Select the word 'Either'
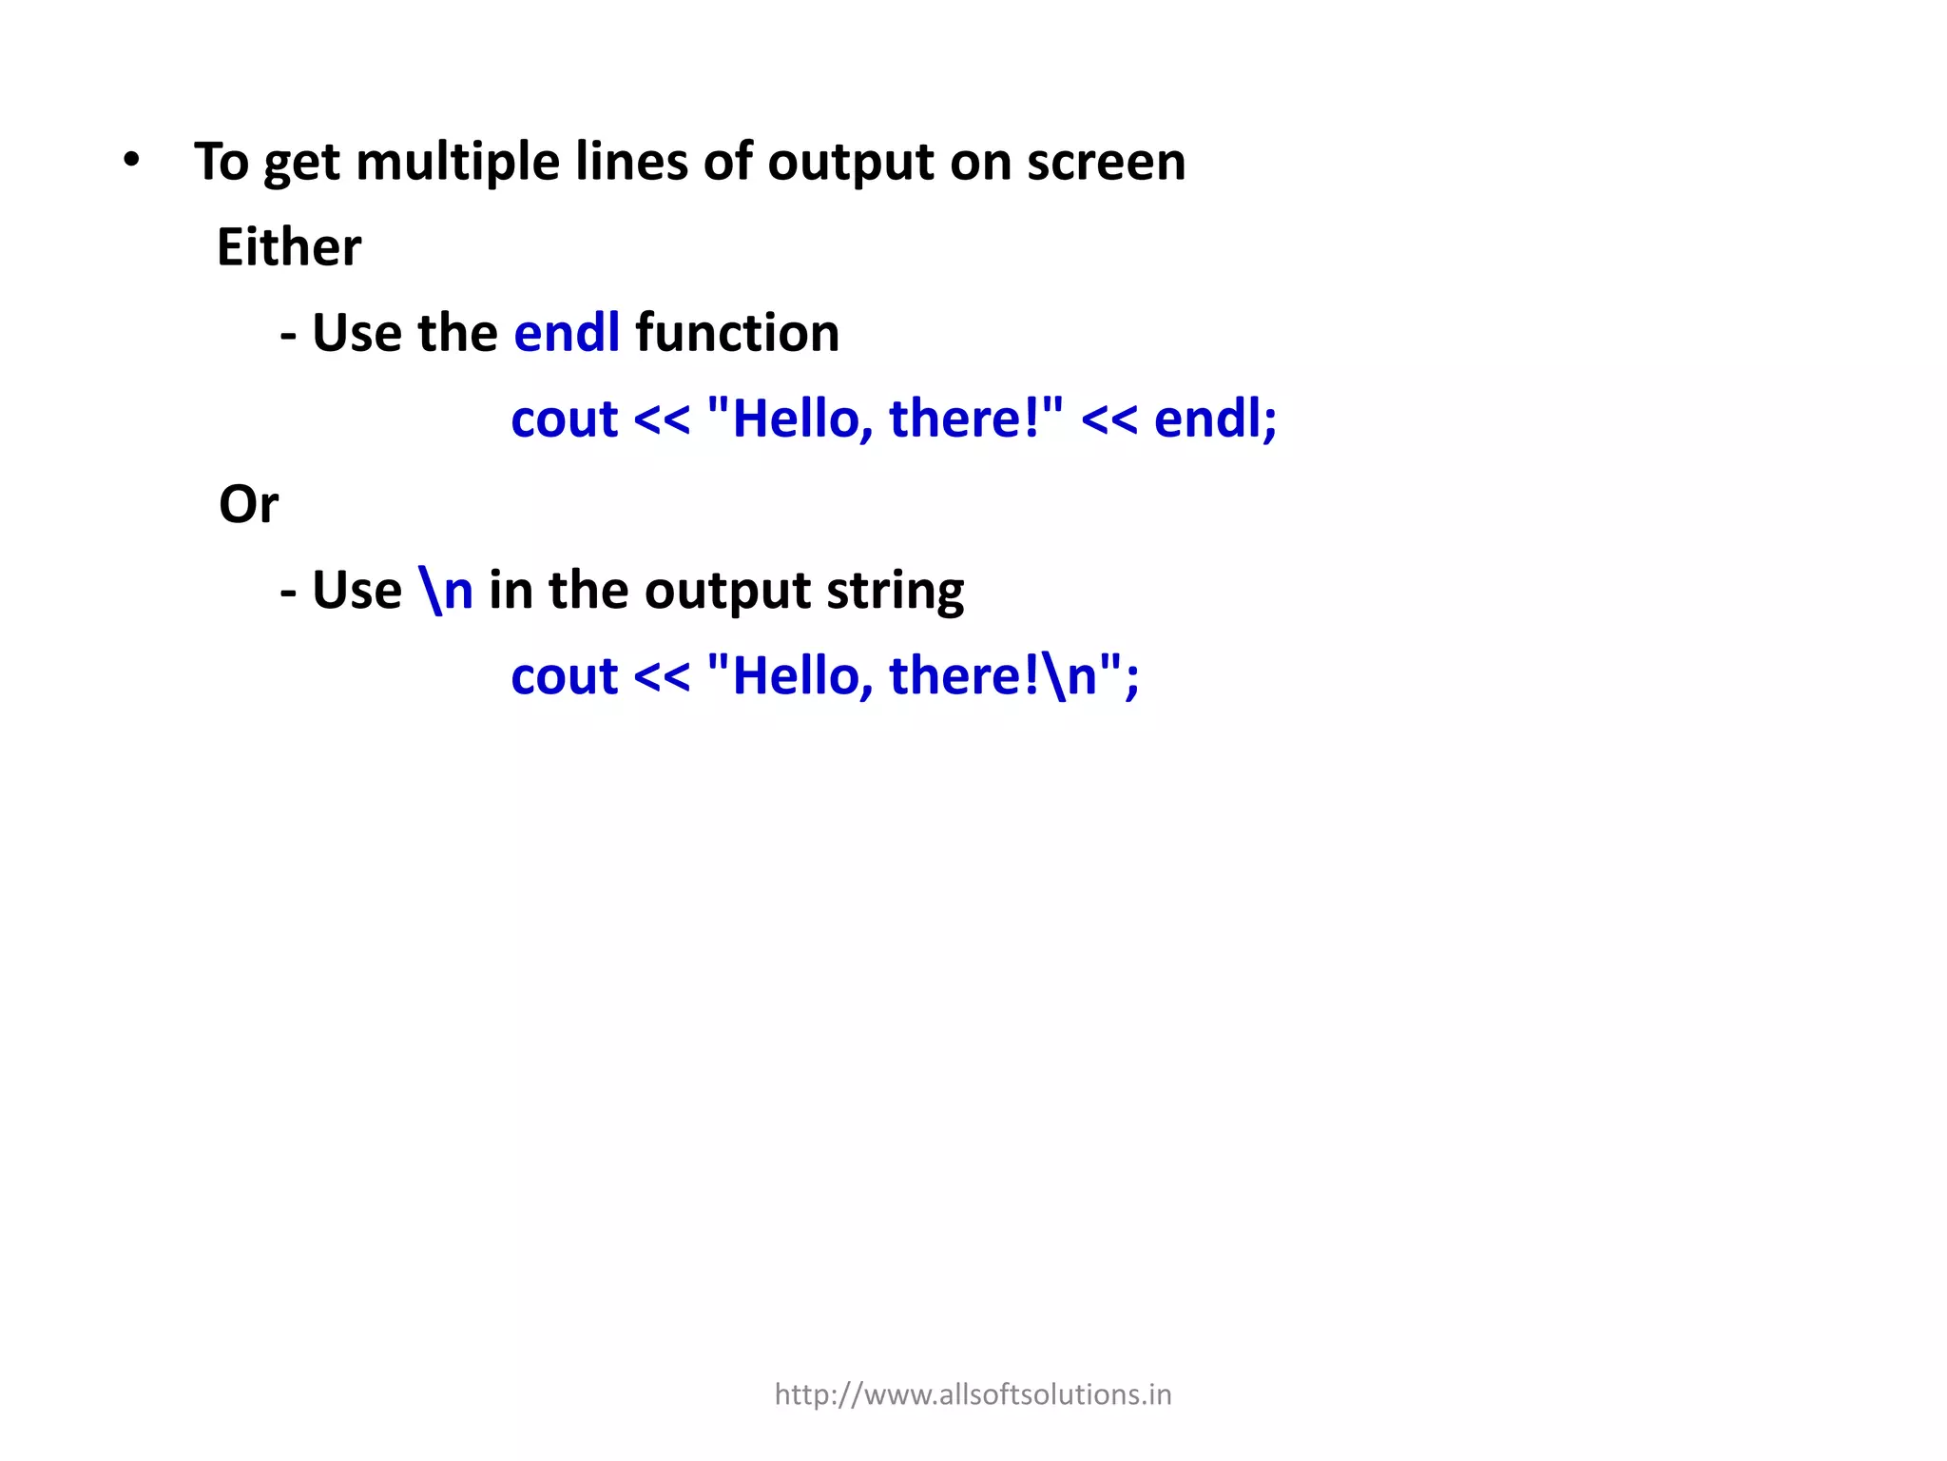point(289,247)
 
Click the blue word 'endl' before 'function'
point(567,333)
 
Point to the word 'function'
point(737,333)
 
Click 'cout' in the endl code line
point(565,419)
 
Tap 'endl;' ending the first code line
point(1215,419)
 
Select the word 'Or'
point(248,504)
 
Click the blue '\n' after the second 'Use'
point(446,591)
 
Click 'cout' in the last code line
point(565,676)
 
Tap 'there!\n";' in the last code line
point(1013,676)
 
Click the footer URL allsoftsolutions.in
point(973,1394)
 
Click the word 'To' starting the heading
point(221,162)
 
